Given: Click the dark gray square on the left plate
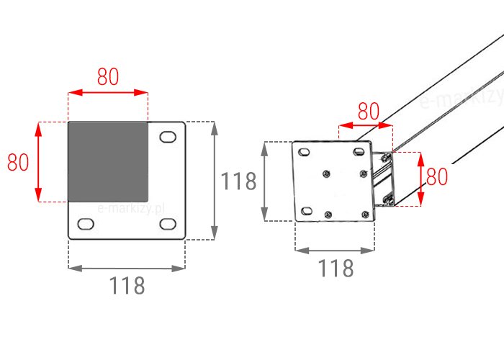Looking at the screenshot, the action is pyautogui.click(x=108, y=162).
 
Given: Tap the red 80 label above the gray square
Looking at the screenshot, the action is pyautogui.click(x=108, y=77).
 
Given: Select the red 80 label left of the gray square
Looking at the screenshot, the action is pyautogui.click(x=18, y=162).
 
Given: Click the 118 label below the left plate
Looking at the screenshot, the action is pyautogui.click(x=127, y=285).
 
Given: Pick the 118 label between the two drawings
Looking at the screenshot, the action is pyautogui.click(x=238, y=181).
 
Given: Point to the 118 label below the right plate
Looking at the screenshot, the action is pyautogui.click(x=336, y=269).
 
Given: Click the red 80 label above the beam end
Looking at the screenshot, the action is pyautogui.click(x=369, y=111).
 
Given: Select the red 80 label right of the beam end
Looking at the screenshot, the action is pyautogui.click(x=437, y=176).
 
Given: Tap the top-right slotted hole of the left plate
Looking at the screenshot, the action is pyautogui.click(x=168, y=137).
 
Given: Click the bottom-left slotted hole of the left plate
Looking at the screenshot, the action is pyautogui.click(x=86, y=224).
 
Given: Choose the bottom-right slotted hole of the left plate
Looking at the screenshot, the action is pyautogui.click(x=168, y=224).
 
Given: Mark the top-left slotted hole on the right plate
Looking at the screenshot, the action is pyautogui.click(x=304, y=152).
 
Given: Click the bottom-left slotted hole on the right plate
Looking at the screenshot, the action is pyautogui.click(x=307, y=211).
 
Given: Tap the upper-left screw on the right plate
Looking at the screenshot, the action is pyautogui.click(x=327, y=174).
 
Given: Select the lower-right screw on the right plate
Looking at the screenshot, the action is pyautogui.click(x=365, y=215).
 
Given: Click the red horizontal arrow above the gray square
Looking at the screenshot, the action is pyautogui.click(x=108, y=93).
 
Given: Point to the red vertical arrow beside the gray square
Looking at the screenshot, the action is pyautogui.click(x=38, y=162).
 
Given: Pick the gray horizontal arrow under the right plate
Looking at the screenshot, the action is pyautogui.click(x=335, y=251).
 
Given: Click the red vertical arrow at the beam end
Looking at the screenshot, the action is pyautogui.click(x=420, y=179).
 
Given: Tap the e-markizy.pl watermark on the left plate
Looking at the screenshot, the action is pyautogui.click(x=131, y=209).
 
